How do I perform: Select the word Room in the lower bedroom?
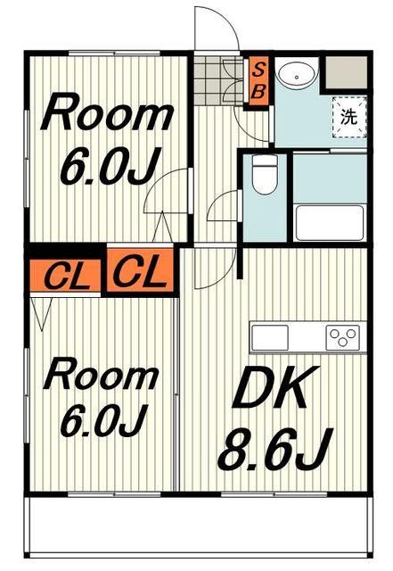point(103,375)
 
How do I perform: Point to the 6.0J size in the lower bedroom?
point(102,420)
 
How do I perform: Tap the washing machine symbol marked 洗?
point(348,115)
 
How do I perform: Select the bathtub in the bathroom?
point(328,221)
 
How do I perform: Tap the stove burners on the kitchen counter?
point(343,337)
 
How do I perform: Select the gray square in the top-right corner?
point(346,70)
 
